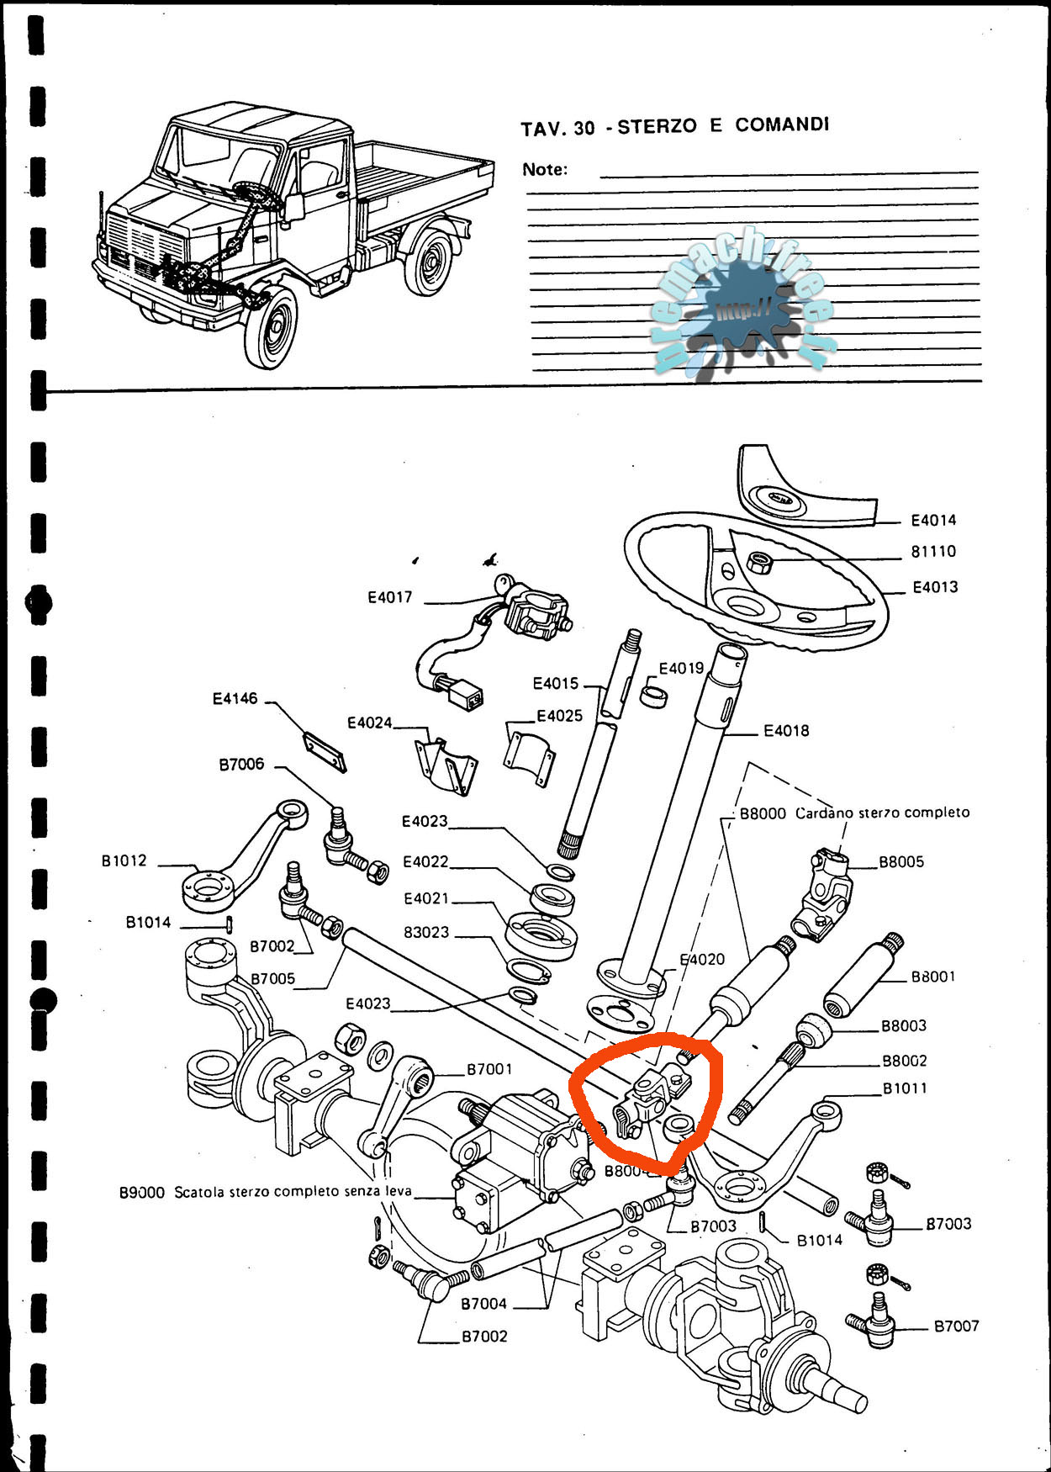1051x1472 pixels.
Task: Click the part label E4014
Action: (x=933, y=521)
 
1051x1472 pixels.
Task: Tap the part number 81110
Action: (x=933, y=552)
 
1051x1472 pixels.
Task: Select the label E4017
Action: (x=390, y=597)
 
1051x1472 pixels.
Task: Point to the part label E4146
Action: (x=235, y=699)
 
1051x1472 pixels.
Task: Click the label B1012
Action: (x=124, y=860)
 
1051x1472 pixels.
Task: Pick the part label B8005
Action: (x=901, y=862)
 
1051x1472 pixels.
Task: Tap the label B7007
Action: (x=957, y=1326)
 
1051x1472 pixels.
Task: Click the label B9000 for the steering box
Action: (x=141, y=1193)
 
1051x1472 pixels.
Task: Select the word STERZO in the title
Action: (x=657, y=127)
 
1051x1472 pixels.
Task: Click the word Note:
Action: (x=544, y=170)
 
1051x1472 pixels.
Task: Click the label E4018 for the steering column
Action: (x=786, y=731)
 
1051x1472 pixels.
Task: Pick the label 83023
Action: (x=426, y=933)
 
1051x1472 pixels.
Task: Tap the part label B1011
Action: (x=905, y=1088)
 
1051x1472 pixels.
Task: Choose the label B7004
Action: (x=483, y=1304)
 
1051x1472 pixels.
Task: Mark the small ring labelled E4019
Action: (x=653, y=696)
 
